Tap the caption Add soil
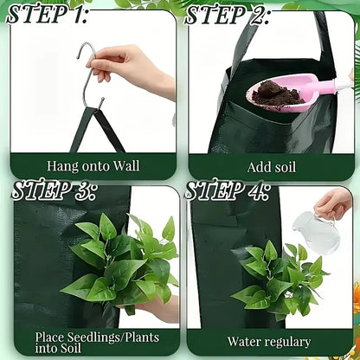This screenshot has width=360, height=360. coord(270,164)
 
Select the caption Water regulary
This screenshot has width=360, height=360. coord(269,341)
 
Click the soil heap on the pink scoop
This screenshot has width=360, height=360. coord(276,88)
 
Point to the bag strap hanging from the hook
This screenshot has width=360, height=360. coord(104,125)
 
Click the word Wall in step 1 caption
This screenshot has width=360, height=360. coord(126,164)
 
